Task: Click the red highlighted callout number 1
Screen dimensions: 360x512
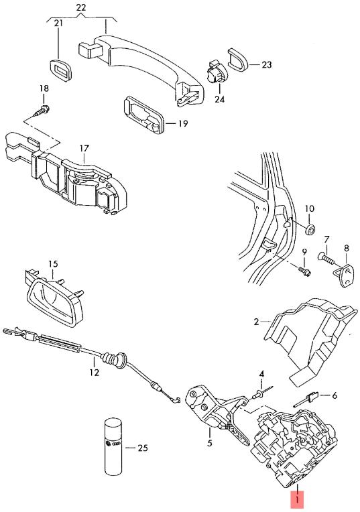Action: click(297, 499)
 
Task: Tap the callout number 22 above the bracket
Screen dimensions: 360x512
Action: click(80, 7)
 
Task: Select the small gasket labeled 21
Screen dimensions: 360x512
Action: click(61, 70)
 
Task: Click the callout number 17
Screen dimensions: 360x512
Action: click(84, 149)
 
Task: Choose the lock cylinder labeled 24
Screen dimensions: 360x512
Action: click(217, 72)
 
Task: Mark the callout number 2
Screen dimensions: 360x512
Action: click(257, 322)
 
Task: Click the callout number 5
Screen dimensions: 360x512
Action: click(209, 442)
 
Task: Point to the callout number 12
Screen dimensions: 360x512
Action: click(94, 371)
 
